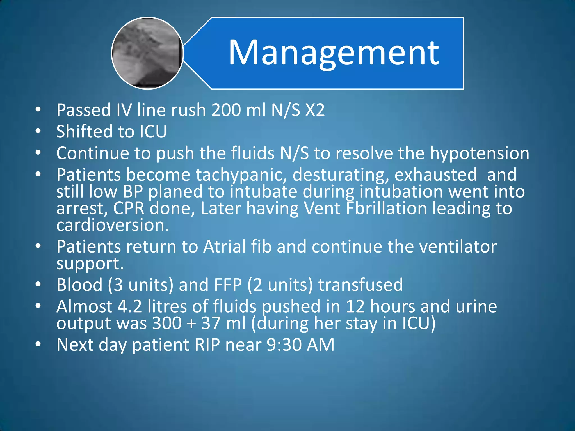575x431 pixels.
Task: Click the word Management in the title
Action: pyautogui.click(x=334, y=53)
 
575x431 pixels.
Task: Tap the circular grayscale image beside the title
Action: pyautogui.click(x=147, y=53)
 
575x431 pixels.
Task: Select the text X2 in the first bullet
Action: pyautogui.click(x=315, y=110)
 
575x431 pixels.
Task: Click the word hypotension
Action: pyautogui.click(x=480, y=153)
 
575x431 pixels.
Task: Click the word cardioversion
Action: pyautogui.click(x=113, y=225)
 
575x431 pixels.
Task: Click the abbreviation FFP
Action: pyautogui.click(x=228, y=285)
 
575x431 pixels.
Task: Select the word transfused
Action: pyautogui.click(x=360, y=285)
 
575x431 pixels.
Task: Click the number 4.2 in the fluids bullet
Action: pyautogui.click(x=130, y=306)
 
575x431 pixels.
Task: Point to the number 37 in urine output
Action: pyautogui.click(x=211, y=323)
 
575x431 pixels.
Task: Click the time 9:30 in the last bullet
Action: pyautogui.click(x=284, y=345)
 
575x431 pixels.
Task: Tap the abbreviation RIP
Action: pyautogui.click(x=207, y=345)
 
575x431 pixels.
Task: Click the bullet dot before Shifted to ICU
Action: pyautogui.click(x=38, y=131)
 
